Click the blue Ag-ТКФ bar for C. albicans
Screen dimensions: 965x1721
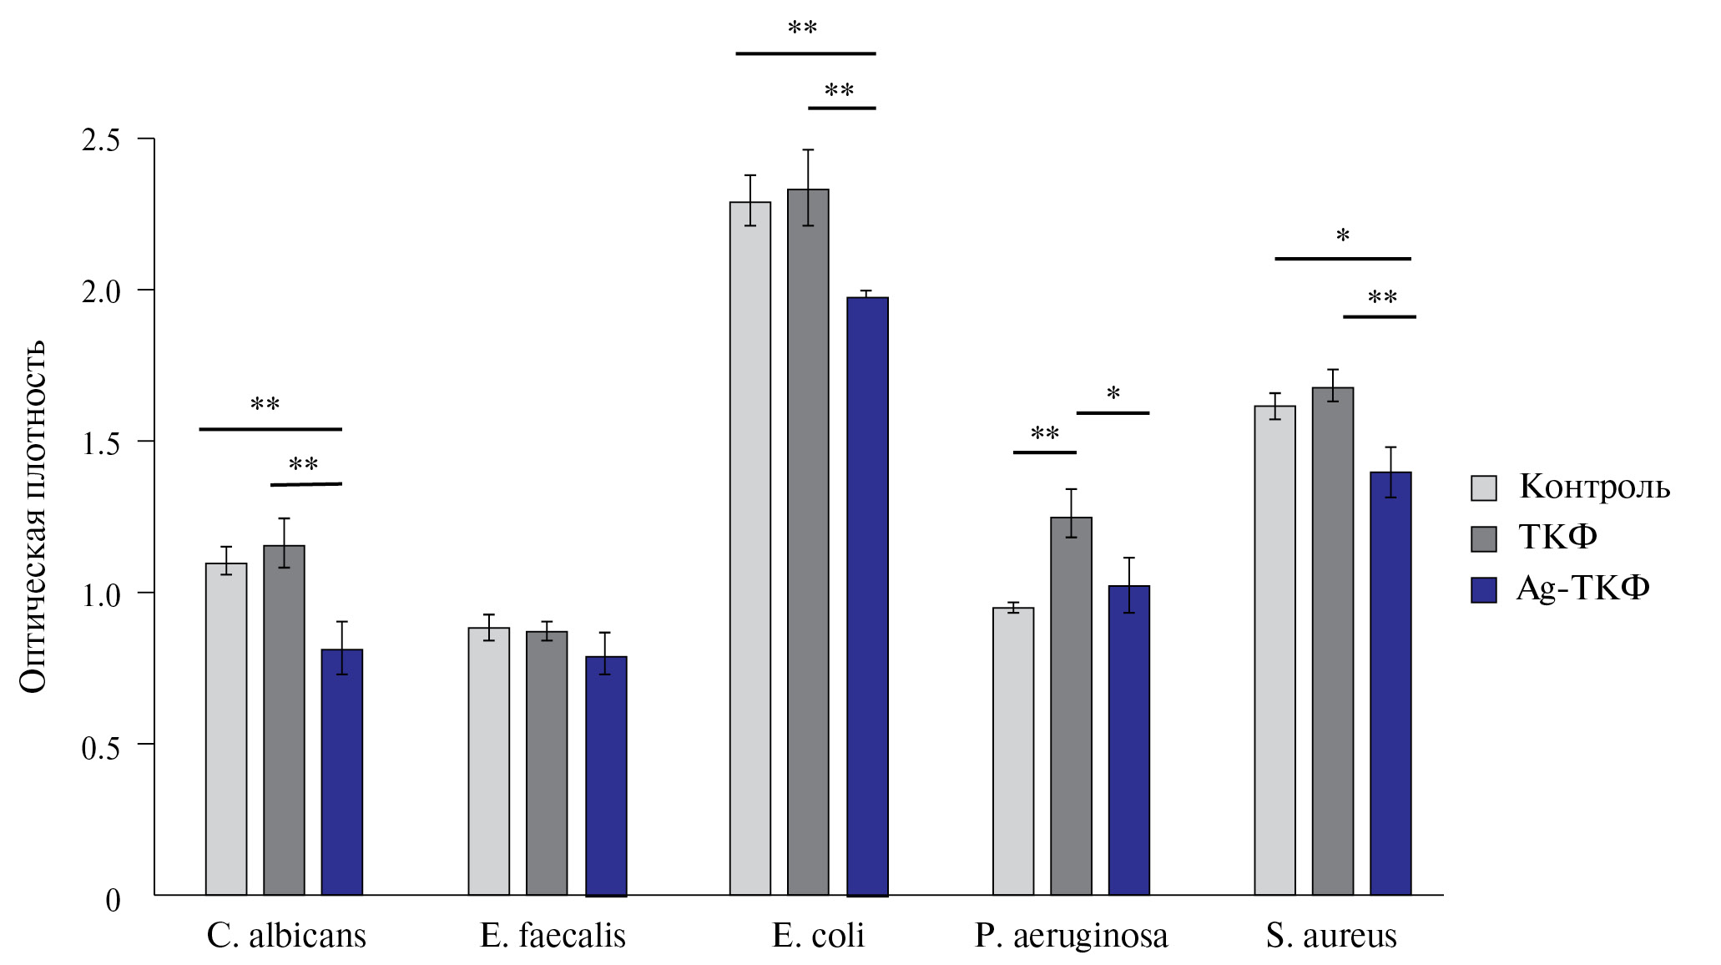[x=342, y=772]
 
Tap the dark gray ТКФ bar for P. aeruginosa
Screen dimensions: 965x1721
[x=1071, y=706]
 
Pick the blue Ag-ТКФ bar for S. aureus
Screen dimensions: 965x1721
[x=1390, y=684]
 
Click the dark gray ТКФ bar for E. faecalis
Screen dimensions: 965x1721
[x=547, y=763]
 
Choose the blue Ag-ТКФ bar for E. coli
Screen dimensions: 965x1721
[x=867, y=596]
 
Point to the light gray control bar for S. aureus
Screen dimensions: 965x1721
[x=1274, y=650]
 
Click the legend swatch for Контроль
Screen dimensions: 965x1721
[x=1483, y=488]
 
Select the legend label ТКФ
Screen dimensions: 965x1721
[x=1557, y=537]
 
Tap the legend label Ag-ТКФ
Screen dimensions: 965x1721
[x=1582, y=589]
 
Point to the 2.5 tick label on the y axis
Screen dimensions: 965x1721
[x=101, y=140]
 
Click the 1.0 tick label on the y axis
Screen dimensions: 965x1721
[x=101, y=595]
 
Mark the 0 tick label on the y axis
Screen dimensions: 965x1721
[x=113, y=900]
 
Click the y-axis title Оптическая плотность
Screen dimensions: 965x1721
[x=33, y=518]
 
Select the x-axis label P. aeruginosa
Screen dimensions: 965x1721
[x=1071, y=936]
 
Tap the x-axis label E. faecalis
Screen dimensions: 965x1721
[x=553, y=936]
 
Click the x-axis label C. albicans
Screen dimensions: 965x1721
[x=286, y=936]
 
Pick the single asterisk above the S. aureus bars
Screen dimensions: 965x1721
[x=1342, y=236]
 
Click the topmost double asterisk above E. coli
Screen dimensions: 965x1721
[x=802, y=28]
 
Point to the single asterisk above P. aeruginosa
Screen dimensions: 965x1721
[x=1113, y=393]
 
